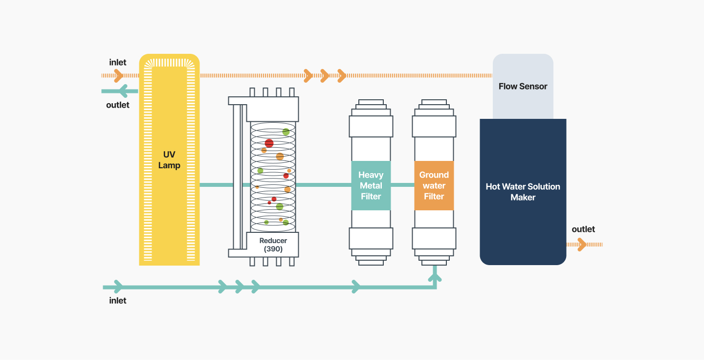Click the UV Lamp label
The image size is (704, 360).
(169, 160)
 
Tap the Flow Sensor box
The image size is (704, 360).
(523, 86)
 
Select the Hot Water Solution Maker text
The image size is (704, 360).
(523, 192)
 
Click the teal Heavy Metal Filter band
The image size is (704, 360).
(371, 185)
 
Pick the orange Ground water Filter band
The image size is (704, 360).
(434, 185)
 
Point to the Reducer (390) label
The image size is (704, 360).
(273, 245)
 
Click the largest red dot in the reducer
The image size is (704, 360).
(269, 143)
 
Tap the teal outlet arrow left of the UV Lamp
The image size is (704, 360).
(120, 91)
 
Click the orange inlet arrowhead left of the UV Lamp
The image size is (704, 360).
(118, 76)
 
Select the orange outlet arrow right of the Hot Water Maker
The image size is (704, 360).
(585, 245)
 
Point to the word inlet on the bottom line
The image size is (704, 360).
(117, 301)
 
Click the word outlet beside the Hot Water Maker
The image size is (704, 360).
(583, 229)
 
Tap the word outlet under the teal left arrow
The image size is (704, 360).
(117, 105)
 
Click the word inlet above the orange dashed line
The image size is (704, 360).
(117, 62)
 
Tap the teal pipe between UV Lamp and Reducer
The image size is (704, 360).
(217, 185)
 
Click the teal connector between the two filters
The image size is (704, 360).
(403, 185)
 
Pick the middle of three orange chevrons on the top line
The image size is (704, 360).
(325, 76)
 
